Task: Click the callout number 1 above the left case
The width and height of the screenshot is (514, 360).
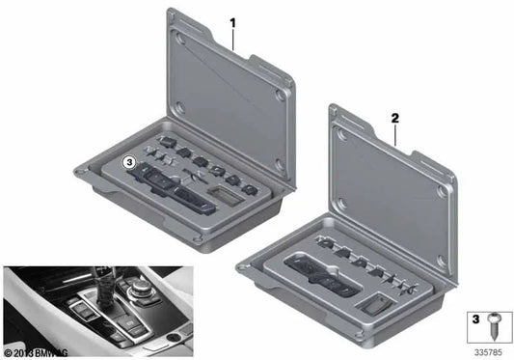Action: (232, 20)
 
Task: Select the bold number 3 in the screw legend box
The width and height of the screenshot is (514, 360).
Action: (474, 318)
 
